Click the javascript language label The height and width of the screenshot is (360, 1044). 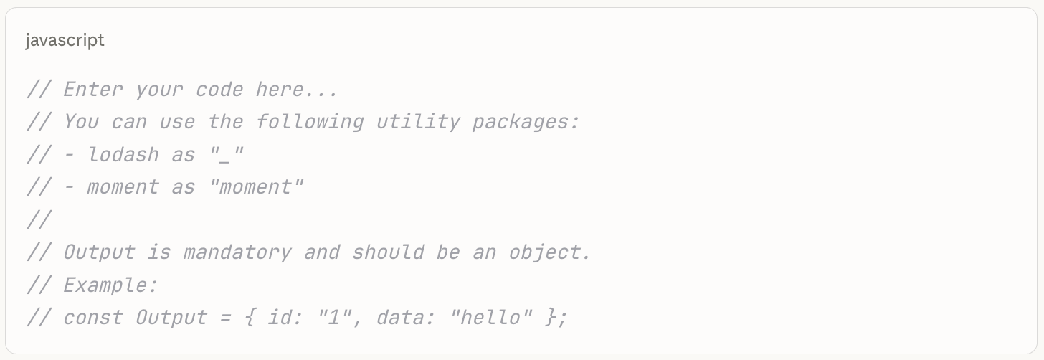65,40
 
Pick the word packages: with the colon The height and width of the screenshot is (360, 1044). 526,122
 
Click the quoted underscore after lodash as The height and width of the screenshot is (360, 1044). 226,155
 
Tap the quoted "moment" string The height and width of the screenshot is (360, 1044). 255,187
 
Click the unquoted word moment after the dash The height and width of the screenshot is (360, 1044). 123,187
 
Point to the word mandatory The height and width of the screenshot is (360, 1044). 237,252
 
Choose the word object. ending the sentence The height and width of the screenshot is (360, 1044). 550,252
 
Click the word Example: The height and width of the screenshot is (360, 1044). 111,285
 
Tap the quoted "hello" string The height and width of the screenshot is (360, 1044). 490,318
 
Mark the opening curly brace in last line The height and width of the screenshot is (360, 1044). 250,318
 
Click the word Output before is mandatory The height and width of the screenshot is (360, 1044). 99,252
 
